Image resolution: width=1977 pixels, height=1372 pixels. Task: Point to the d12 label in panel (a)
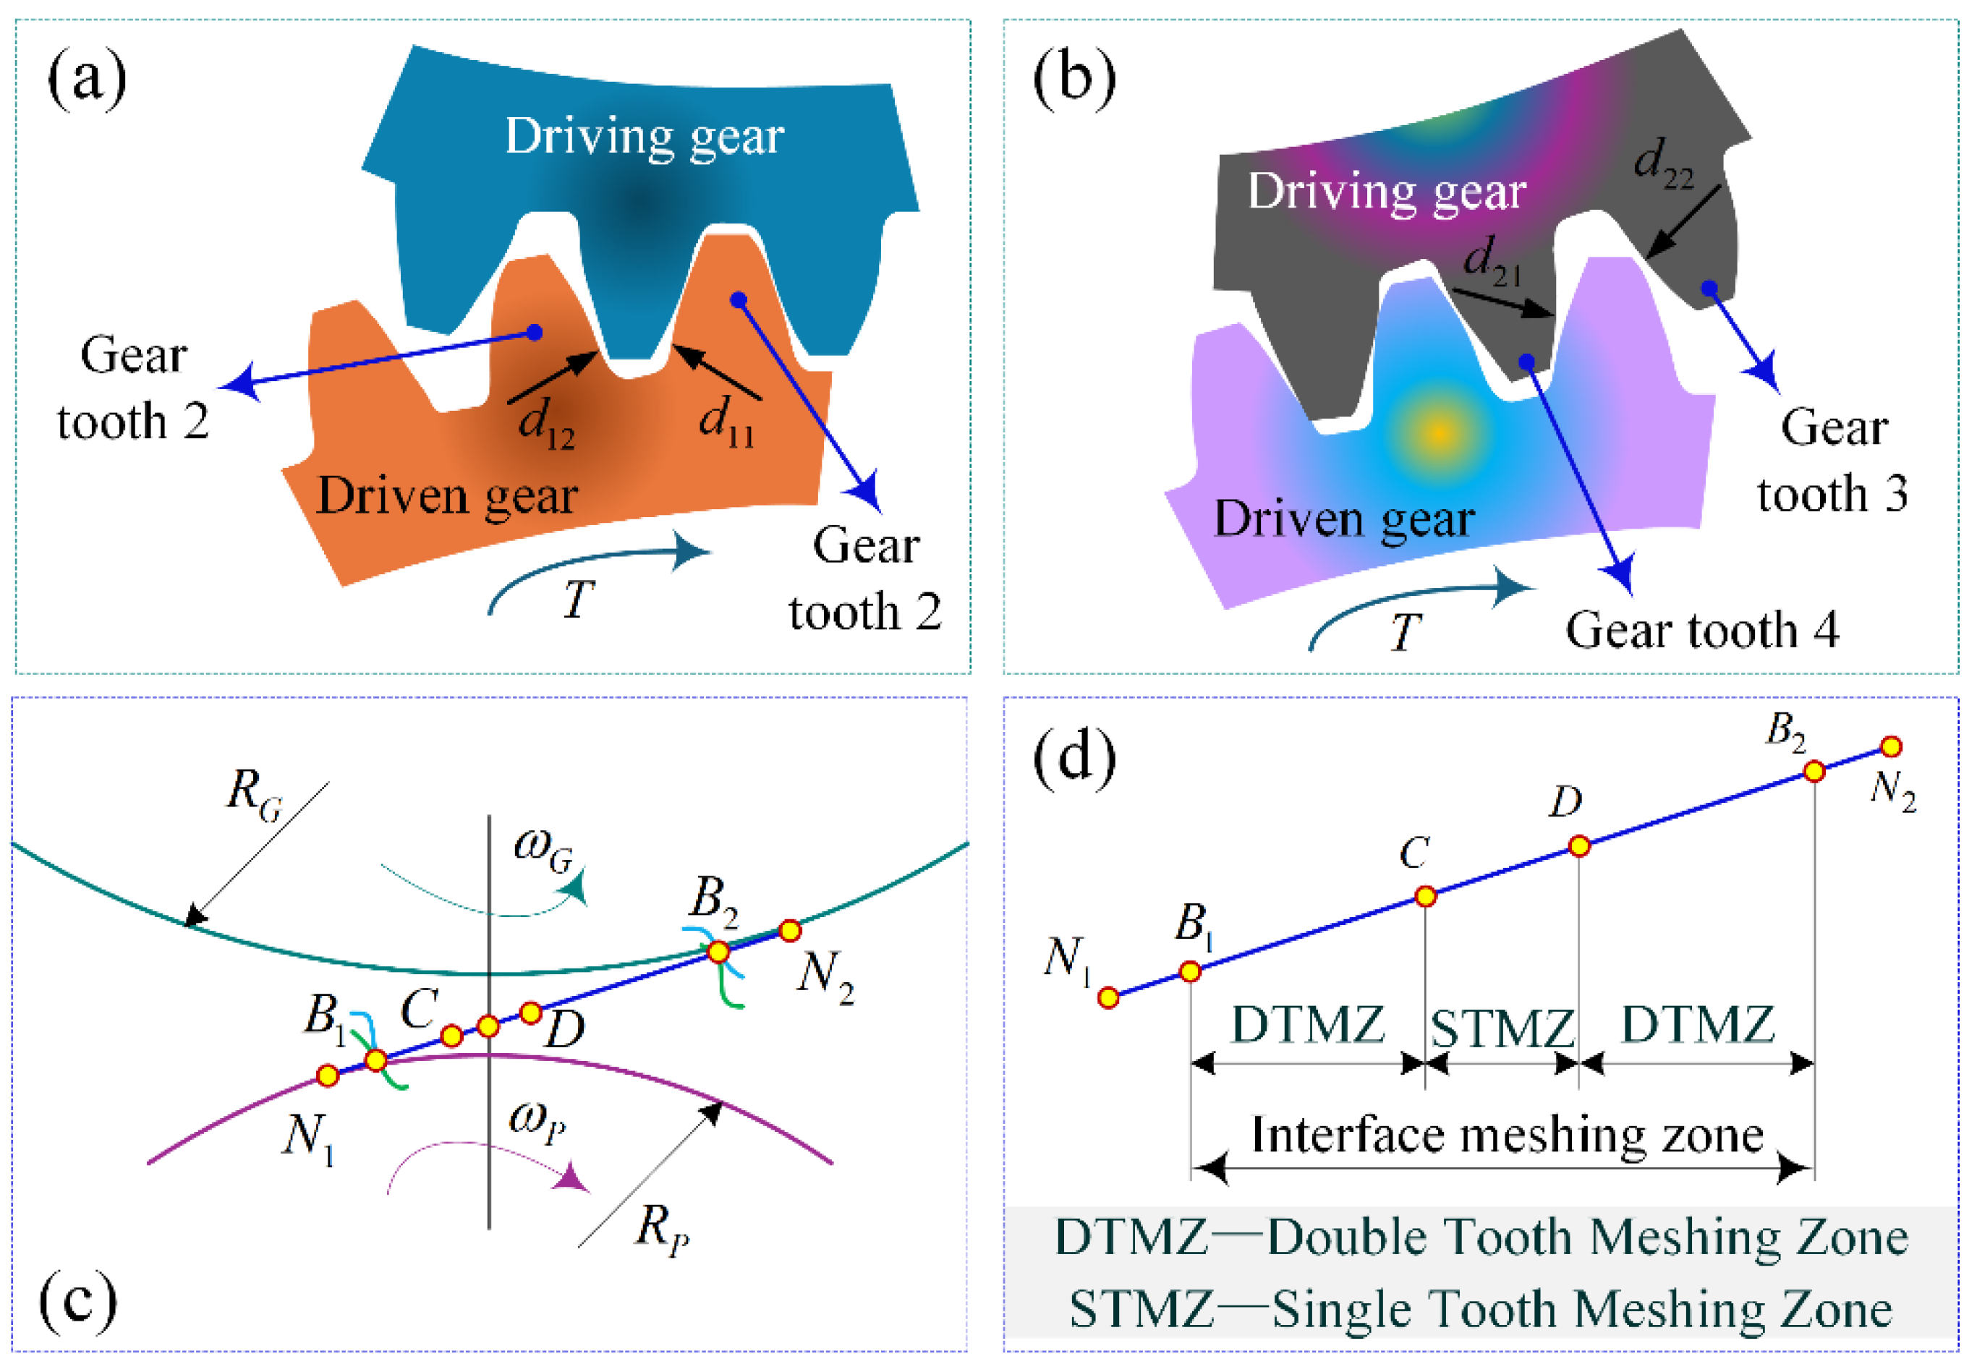[x=546, y=424]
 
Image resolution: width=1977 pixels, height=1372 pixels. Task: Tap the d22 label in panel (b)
[x=1663, y=163]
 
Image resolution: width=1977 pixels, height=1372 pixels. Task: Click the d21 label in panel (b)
[x=1492, y=260]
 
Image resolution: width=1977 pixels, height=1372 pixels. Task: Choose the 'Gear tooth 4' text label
[x=1702, y=630]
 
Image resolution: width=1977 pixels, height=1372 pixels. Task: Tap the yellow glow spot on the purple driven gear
[x=1439, y=433]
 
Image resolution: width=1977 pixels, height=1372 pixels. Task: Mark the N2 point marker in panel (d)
[x=1891, y=747]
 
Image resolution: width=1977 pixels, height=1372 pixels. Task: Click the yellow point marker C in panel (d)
[x=1425, y=897]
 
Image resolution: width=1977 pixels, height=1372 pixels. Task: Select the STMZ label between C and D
[x=1502, y=1027]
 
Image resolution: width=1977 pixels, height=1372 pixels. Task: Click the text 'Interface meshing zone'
[x=1507, y=1135]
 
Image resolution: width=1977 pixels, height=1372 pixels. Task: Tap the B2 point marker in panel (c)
[x=718, y=952]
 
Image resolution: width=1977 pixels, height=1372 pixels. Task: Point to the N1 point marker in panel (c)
[x=328, y=1075]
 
